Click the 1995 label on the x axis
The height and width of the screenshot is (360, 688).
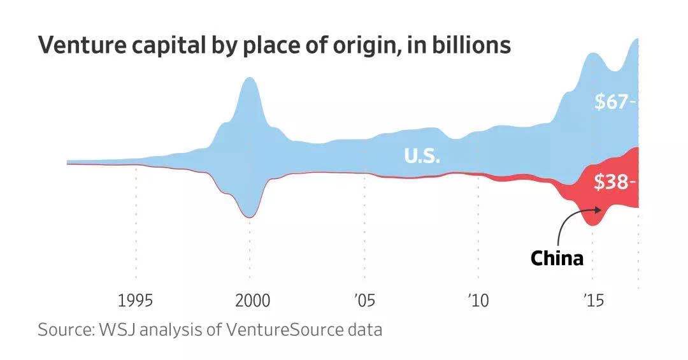[136, 300]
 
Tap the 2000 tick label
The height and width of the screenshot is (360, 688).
[250, 300]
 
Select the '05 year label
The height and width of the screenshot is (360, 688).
[365, 300]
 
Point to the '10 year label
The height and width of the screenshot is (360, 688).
[478, 300]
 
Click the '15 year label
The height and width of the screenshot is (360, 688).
[592, 300]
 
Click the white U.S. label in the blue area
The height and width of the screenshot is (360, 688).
[422, 155]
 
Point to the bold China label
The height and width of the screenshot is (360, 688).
[557, 259]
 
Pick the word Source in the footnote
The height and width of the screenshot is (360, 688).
[64, 331]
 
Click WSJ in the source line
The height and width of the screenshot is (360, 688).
[118, 331]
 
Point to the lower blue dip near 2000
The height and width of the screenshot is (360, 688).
[250, 214]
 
